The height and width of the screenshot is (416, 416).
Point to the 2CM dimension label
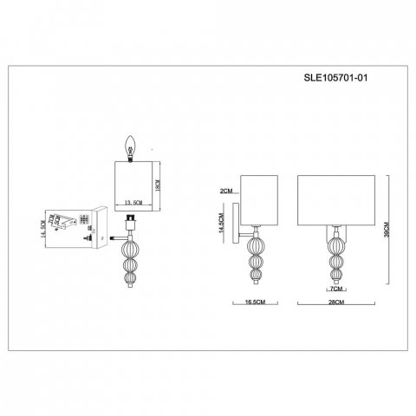226,191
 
